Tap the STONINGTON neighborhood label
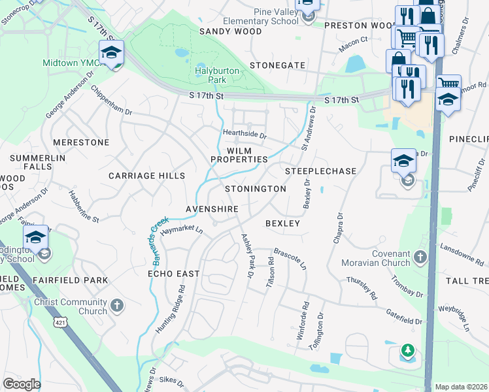[x=256, y=189]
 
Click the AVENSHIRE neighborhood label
[x=211, y=209]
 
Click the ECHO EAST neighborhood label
[x=173, y=274]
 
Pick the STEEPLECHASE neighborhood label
[x=321, y=171]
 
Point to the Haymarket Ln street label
[x=182, y=231]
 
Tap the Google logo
[x=22, y=384]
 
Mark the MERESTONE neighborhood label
[x=81, y=142]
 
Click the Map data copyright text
[x=461, y=387]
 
